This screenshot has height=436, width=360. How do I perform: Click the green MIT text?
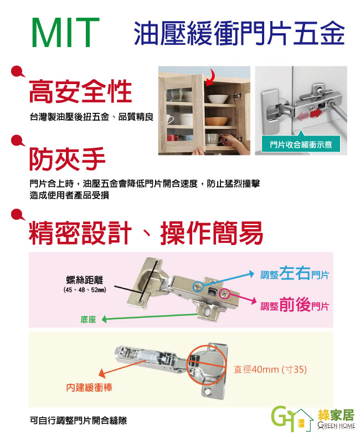[x=66, y=33]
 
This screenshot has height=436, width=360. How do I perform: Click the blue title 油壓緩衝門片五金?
[x=239, y=33]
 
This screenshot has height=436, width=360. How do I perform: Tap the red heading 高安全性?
[x=80, y=91]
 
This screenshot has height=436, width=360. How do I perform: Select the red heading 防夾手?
[x=67, y=159]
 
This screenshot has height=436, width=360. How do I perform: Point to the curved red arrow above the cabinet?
[x=210, y=76]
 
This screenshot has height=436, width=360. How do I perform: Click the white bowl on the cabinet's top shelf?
[x=218, y=98]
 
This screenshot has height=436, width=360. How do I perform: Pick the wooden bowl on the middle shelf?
[x=217, y=121]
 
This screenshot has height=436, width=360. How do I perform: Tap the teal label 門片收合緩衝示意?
[x=301, y=144]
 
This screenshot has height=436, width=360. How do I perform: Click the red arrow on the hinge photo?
[x=316, y=114]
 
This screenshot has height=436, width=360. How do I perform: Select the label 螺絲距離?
[x=85, y=280]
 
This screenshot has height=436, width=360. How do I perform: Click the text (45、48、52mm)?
[x=85, y=290]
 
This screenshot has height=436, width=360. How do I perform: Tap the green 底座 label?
[x=88, y=319]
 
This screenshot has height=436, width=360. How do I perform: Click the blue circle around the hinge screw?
[x=198, y=287]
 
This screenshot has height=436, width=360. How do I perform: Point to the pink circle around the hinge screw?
[x=224, y=294]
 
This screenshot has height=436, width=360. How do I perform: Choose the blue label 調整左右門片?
[x=295, y=273]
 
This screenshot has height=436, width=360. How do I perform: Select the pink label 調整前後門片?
[x=295, y=304]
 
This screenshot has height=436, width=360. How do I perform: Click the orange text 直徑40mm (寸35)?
[x=270, y=369]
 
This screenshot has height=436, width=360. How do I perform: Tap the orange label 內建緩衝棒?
[x=89, y=387]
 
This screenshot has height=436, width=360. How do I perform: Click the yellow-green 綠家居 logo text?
[x=336, y=415]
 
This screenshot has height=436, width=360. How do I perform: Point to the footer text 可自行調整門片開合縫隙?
[x=78, y=420]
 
